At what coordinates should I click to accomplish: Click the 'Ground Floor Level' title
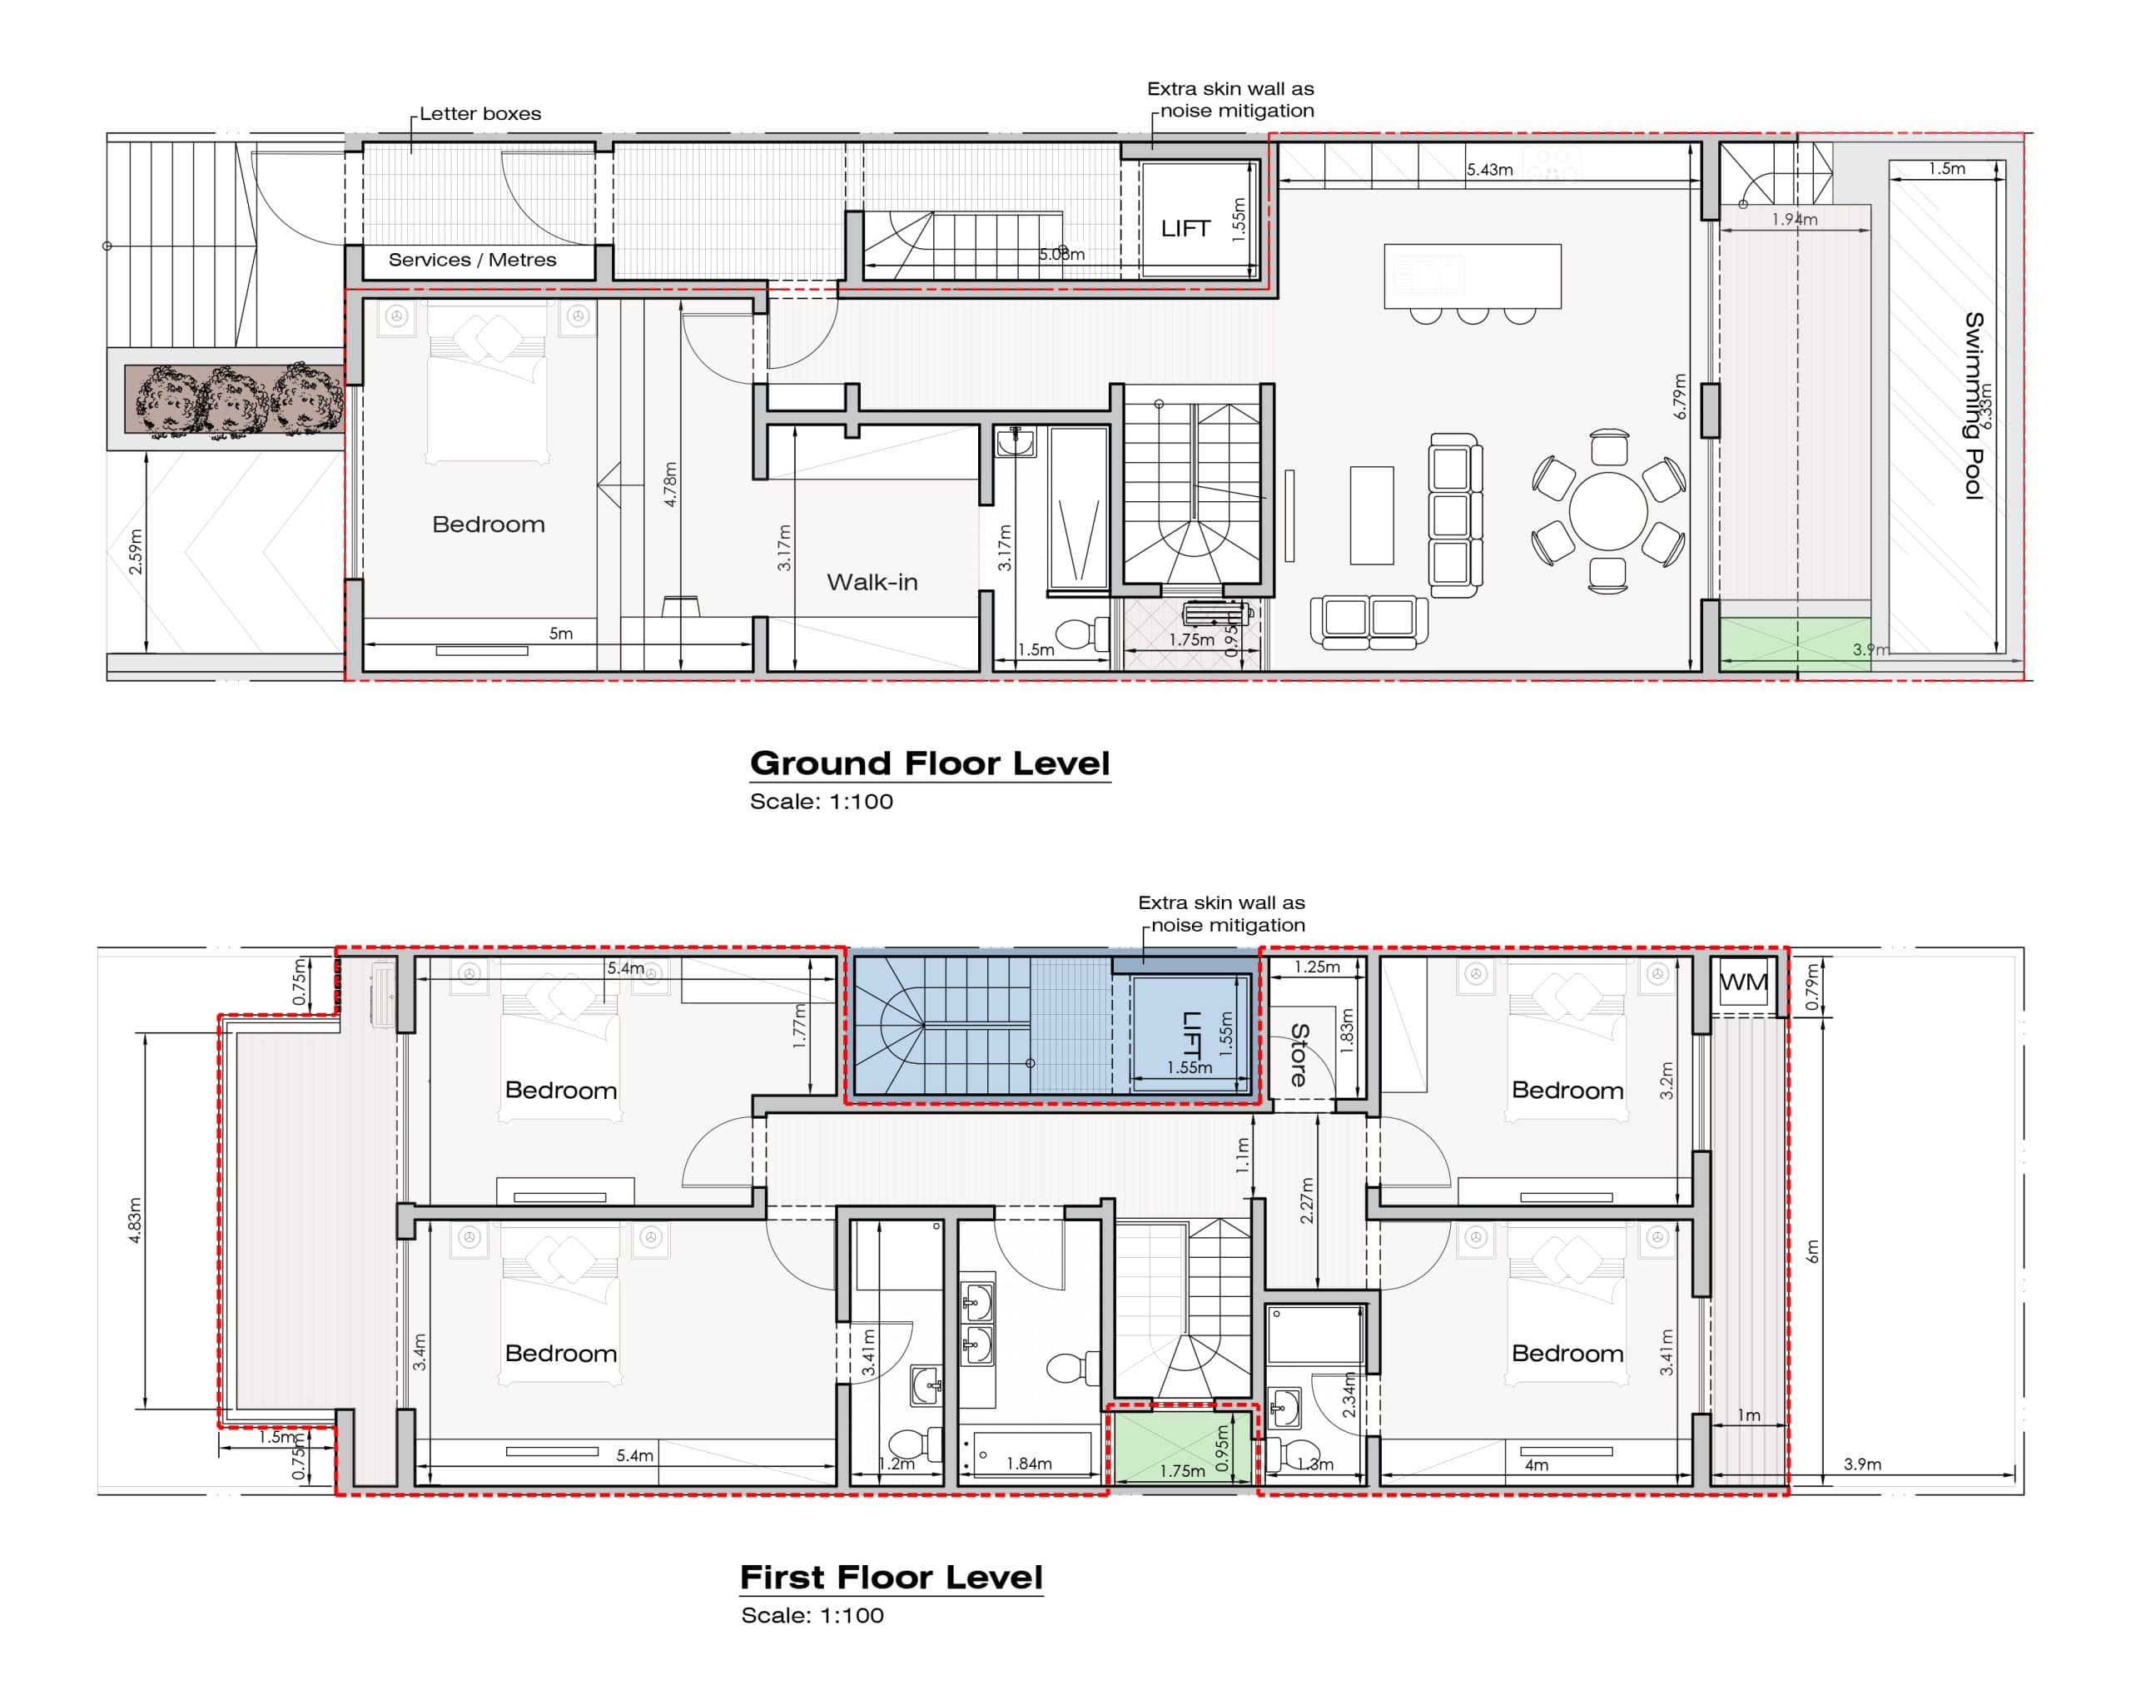coord(930,763)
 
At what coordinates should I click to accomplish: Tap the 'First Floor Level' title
coord(892,1577)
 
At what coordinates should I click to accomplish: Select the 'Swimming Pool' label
coord(1973,405)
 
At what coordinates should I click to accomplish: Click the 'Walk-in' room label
coord(872,582)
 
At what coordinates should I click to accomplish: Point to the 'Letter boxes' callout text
coord(480,114)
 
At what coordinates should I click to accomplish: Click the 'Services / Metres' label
coord(473,260)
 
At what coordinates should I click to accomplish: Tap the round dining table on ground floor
coord(1608,511)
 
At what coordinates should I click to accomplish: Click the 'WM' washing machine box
coord(1744,982)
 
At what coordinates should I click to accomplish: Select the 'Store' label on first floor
coord(1299,1056)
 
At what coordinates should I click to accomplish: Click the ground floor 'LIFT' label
coord(1185,228)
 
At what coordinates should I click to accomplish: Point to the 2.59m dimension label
coord(137,551)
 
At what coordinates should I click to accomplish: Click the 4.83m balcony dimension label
coord(136,1220)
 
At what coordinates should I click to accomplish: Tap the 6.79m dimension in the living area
coord(1679,395)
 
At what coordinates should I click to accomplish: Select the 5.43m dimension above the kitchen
coord(1489,169)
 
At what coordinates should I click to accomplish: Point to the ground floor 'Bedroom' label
coord(489,524)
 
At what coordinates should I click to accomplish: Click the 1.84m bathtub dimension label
coord(1028,1463)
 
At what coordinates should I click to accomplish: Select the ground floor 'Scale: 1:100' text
coord(822,802)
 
